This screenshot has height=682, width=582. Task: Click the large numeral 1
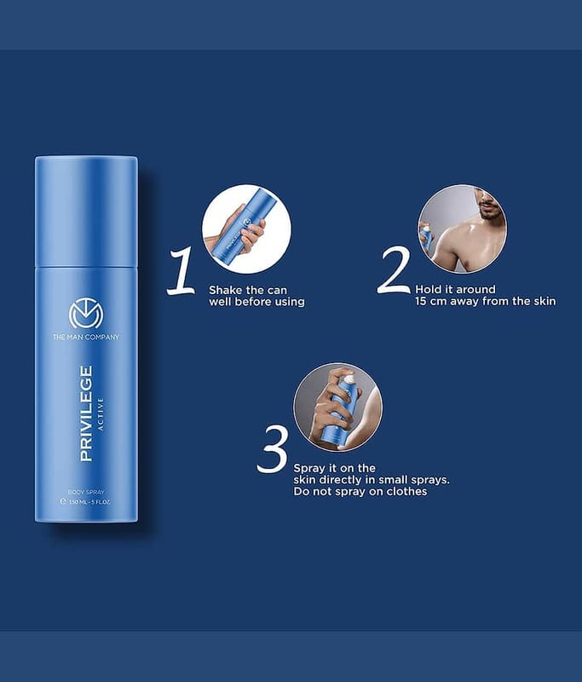click(182, 271)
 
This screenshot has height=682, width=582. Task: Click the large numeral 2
click(394, 269)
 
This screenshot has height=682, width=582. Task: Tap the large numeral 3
click(273, 450)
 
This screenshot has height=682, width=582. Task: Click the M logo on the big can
click(86, 314)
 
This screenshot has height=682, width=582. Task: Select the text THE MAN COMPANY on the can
click(86, 337)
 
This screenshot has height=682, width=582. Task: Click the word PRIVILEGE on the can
click(86, 413)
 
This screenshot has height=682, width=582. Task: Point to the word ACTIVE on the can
click(101, 414)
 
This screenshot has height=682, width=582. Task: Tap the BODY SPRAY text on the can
click(86, 492)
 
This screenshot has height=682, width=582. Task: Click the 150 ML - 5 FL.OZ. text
click(85, 501)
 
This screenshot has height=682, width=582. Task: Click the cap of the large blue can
click(87, 211)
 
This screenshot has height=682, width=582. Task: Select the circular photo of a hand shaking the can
click(246, 228)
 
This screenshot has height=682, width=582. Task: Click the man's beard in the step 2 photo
click(491, 212)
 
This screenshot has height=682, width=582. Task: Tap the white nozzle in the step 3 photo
click(349, 381)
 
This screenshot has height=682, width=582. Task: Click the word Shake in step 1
click(226, 290)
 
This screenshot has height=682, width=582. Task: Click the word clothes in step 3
click(406, 491)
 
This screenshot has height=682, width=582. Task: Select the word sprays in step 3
click(429, 480)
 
